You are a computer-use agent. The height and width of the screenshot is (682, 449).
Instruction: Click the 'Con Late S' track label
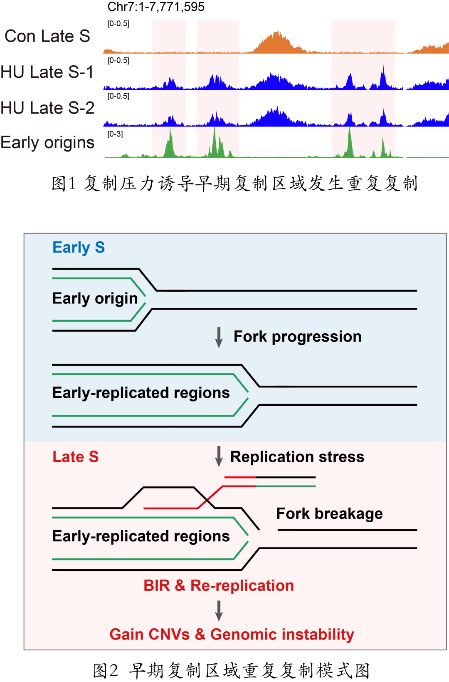click(x=47, y=37)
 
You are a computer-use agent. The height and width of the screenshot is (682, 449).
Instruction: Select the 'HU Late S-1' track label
click(x=47, y=72)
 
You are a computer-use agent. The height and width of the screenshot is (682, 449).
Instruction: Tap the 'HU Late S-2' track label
click(x=47, y=108)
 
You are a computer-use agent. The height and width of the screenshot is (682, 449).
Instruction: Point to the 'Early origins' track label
click(x=47, y=143)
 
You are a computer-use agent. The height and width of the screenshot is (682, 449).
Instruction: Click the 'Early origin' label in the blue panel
click(x=95, y=299)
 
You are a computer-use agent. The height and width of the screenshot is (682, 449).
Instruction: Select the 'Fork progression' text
click(x=297, y=337)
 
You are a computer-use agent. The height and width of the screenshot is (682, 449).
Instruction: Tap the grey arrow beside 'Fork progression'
click(x=219, y=337)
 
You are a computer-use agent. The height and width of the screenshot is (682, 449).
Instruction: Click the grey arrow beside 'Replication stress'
click(x=219, y=456)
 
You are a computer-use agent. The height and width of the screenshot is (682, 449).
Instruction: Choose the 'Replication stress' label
click(x=297, y=457)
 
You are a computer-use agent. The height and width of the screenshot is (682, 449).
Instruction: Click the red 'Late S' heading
click(x=75, y=457)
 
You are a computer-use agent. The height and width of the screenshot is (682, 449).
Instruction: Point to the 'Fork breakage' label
click(x=329, y=514)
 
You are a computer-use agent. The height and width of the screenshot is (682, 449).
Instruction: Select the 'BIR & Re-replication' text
click(x=219, y=585)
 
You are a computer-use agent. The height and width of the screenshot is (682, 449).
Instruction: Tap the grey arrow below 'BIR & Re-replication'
click(x=219, y=610)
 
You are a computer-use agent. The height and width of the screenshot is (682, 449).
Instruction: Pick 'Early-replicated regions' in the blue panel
click(x=141, y=393)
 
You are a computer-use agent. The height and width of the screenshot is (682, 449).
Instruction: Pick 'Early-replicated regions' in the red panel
click(x=141, y=536)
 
